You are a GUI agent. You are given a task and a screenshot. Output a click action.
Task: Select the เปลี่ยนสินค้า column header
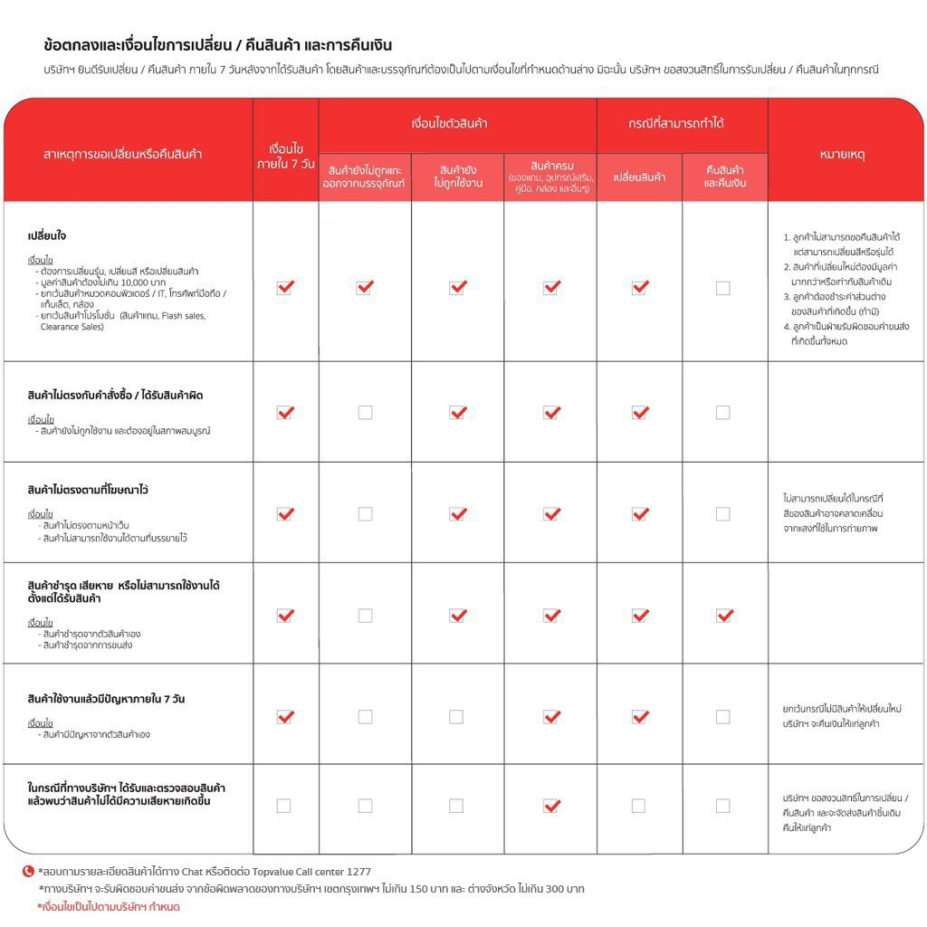click(639, 177)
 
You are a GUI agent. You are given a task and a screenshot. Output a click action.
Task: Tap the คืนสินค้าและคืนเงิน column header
click(724, 177)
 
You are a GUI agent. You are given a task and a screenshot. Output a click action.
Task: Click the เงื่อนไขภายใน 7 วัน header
click(285, 155)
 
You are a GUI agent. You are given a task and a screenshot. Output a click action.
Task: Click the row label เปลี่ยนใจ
click(47, 236)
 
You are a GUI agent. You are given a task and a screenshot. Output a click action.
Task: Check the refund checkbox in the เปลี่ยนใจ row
click(722, 288)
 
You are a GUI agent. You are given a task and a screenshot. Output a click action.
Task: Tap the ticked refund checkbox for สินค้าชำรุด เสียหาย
click(723, 616)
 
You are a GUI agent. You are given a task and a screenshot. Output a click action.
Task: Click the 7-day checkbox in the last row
click(284, 806)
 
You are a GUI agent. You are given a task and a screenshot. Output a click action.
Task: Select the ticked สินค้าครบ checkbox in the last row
click(551, 806)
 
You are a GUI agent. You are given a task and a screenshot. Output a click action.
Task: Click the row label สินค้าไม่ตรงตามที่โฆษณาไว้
click(88, 490)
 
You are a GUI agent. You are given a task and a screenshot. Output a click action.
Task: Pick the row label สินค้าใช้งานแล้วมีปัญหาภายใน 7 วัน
click(107, 699)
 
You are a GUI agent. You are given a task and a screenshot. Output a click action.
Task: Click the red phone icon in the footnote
click(28, 871)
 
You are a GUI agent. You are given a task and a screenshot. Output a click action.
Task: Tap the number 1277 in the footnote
click(358, 872)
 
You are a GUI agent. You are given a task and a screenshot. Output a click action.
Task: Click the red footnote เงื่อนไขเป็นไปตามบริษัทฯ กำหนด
click(109, 906)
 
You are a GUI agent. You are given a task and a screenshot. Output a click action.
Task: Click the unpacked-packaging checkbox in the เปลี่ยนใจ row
click(365, 288)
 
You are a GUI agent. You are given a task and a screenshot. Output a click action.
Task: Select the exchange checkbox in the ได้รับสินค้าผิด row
click(640, 412)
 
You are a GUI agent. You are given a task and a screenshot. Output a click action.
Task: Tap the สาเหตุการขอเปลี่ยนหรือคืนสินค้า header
click(123, 154)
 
